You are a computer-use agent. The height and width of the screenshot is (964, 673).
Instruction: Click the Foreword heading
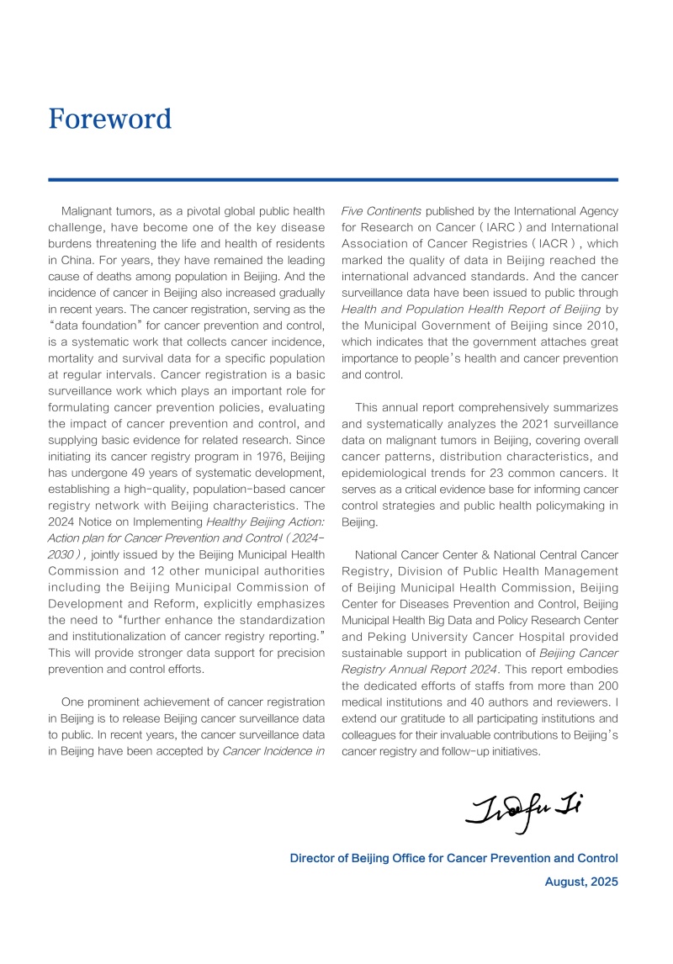click(x=109, y=119)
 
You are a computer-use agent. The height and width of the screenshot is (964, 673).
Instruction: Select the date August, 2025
click(x=581, y=882)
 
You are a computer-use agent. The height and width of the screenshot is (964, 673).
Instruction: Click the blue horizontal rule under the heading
click(x=333, y=179)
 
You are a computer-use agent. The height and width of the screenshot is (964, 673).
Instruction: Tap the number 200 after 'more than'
click(x=607, y=686)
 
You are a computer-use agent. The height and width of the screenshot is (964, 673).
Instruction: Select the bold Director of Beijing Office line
click(x=453, y=858)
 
